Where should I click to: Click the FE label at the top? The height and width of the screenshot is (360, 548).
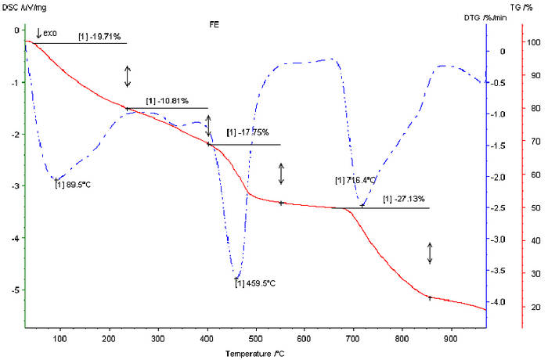pos(214,24)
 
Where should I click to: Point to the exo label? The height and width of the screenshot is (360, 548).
pos(53,33)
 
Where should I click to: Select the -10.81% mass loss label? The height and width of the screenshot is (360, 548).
pos(166,102)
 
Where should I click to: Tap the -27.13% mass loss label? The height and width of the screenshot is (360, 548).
pos(405,200)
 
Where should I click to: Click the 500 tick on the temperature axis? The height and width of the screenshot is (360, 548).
pos(382,339)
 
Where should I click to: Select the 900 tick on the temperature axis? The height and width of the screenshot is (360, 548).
pos(449,339)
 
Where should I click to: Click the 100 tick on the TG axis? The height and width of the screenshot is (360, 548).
pos(535,41)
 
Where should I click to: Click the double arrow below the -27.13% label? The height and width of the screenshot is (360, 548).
pos(430,253)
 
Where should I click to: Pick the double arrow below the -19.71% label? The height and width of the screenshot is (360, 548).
pos(128,76)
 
